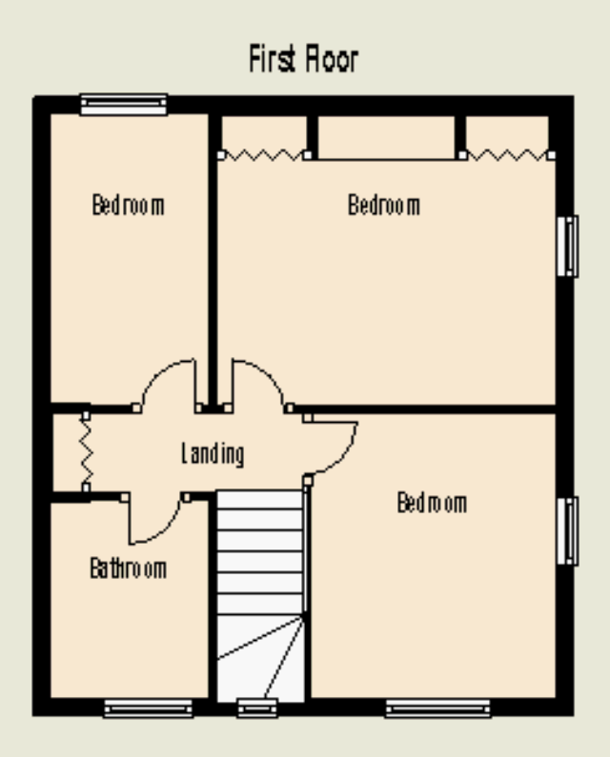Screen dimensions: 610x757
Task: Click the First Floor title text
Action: point(303,59)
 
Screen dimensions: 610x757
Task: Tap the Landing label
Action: point(213,454)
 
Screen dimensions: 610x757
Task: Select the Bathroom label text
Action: point(129,568)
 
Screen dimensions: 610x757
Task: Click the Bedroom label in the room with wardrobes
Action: point(384,205)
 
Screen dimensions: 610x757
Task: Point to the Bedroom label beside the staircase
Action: point(432,503)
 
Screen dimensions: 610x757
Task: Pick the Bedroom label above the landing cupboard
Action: point(128,205)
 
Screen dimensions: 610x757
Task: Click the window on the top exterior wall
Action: point(124,105)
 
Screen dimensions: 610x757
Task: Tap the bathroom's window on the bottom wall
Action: point(149,708)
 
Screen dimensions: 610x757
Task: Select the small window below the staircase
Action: point(257,707)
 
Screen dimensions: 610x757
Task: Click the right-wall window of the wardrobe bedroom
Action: point(567,247)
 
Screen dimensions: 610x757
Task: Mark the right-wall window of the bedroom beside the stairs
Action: point(567,531)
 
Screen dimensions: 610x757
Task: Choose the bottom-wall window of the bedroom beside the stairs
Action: point(437,708)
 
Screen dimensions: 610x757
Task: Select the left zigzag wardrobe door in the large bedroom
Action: point(264,155)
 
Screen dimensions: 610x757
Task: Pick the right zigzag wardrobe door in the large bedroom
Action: point(506,155)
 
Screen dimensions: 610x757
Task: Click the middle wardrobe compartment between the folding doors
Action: point(386,137)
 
